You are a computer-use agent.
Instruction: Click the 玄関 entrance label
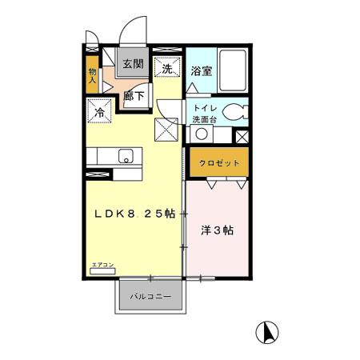coord(132,64)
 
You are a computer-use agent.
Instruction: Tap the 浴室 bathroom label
coord(202,71)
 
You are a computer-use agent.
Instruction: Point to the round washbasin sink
coord(203,134)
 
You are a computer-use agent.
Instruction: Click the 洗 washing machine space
coord(168,69)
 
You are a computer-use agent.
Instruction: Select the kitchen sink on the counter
coord(126,156)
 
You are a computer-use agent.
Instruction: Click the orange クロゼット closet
coord(218,163)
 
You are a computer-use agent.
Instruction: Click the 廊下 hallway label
coord(134,94)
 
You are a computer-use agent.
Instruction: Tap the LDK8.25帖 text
coord(137,214)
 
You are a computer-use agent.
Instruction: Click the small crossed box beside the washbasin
coord(242,137)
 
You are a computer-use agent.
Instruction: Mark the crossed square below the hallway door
coord(166,128)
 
